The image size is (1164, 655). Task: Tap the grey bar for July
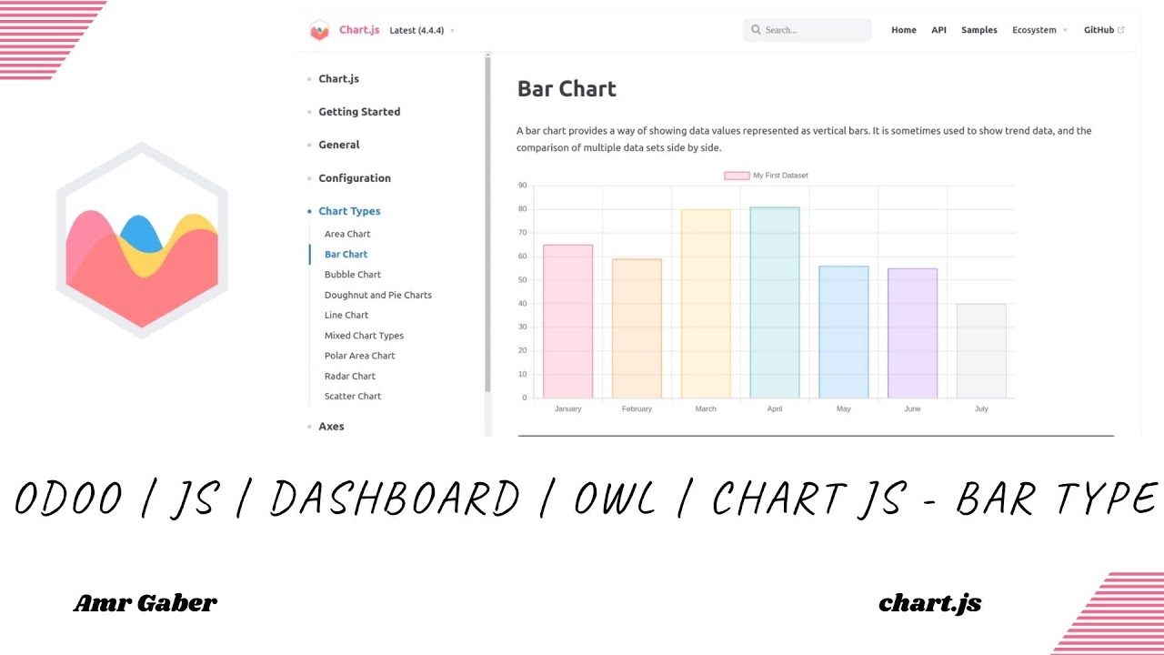click(x=981, y=351)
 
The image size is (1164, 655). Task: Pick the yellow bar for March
click(x=706, y=304)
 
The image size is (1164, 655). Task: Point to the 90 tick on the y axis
click(x=522, y=186)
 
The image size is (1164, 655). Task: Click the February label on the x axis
click(x=637, y=409)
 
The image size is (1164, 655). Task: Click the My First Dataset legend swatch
click(x=737, y=176)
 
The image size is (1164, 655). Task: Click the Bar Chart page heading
click(x=567, y=89)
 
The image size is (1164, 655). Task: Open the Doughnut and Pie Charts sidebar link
click(x=378, y=295)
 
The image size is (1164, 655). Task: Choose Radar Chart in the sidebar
click(x=350, y=376)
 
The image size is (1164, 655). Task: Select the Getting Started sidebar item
click(x=359, y=112)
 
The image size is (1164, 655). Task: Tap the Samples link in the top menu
click(x=979, y=30)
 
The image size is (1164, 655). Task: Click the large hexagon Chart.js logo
click(x=142, y=241)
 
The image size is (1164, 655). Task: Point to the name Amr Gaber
click(x=145, y=602)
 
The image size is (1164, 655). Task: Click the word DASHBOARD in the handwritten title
click(x=395, y=499)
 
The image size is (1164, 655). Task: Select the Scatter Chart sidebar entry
click(x=353, y=397)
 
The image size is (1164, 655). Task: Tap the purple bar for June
click(x=912, y=333)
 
